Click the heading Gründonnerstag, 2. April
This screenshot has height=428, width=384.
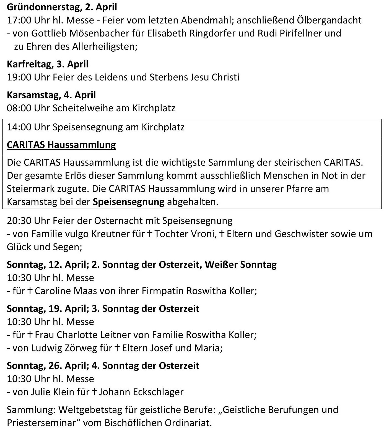pos(62,7)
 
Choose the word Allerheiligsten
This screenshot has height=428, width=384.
pos(104,46)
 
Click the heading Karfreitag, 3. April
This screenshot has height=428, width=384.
pos(48,64)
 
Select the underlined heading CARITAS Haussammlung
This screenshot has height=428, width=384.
pos(61,145)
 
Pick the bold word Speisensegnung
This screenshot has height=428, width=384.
pos(129,202)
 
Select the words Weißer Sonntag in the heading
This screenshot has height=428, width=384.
pos(241,265)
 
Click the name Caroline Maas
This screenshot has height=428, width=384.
pos(66,291)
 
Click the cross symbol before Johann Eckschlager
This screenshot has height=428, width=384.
pos(94,392)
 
